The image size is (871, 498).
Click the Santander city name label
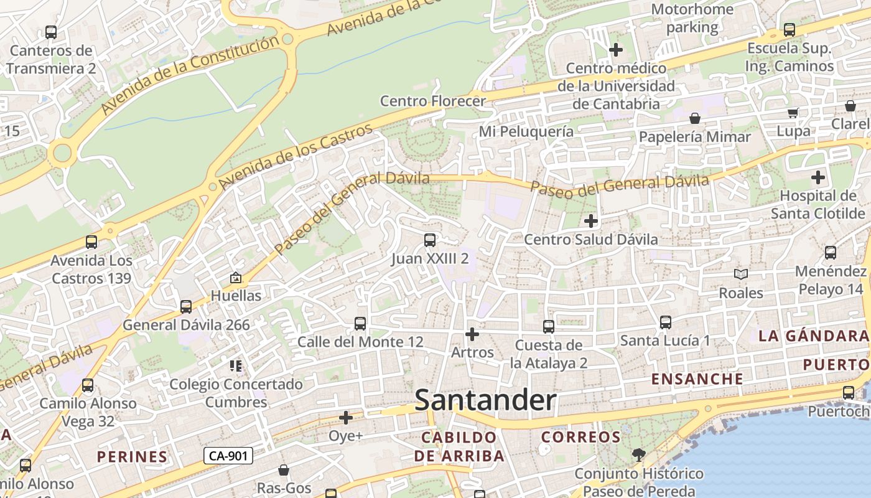point(485,400)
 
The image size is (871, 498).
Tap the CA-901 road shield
point(228,456)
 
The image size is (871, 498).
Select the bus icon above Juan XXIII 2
point(429,240)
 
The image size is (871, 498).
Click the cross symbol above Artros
point(472,334)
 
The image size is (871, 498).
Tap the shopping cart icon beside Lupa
point(793,113)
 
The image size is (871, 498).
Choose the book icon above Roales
point(740,274)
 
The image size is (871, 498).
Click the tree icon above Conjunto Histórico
point(638,455)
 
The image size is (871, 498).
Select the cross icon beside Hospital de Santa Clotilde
point(818,178)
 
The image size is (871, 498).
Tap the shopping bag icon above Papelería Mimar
point(695,118)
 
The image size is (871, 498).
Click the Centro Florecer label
point(432,101)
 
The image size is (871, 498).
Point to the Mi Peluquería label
point(526,131)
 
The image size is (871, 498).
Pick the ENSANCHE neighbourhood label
point(697,378)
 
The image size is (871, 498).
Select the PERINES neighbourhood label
point(132,456)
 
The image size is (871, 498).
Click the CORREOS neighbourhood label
point(580,437)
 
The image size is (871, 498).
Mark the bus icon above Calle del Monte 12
point(360,324)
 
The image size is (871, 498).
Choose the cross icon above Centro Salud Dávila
point(591,220)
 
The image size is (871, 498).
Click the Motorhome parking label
point(692,19)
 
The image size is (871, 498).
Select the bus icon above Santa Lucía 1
point(665,322)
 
